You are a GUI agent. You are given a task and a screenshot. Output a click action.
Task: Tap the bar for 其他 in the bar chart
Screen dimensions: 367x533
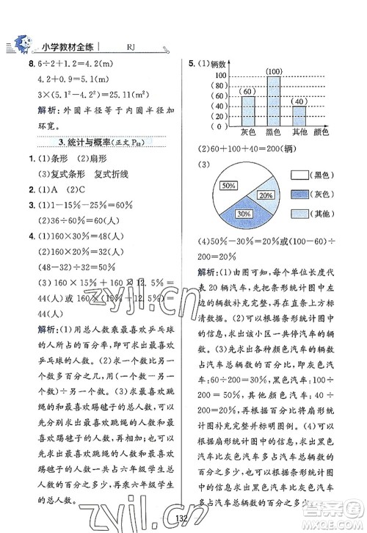coord(299,117)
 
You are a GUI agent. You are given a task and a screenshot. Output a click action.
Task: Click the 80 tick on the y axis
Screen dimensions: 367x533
coord(219,85)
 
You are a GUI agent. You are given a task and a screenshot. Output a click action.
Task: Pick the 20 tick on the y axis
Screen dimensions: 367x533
coord(219,116)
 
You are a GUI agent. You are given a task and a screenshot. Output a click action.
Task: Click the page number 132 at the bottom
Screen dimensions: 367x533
coord(185,521)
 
